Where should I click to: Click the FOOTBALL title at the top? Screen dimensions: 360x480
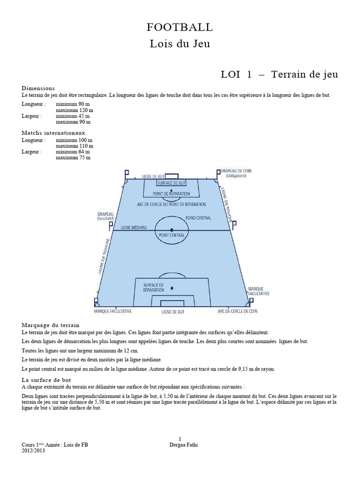[180, 28]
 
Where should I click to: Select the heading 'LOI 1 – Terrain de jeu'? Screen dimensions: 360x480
[279, 75]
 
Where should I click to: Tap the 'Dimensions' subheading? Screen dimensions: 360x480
[38, 88]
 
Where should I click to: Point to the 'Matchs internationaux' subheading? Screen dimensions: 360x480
[53, 133]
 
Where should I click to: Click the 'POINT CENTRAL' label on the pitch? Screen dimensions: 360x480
[172, 234]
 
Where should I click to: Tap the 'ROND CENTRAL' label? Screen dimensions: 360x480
[198, 218]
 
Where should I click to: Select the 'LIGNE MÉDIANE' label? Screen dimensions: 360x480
[134, 227]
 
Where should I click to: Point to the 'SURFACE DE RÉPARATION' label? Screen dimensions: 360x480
[154, 287]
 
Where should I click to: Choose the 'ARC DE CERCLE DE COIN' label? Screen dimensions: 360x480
[237, 311]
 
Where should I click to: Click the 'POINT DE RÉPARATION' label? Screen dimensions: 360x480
[172, 193]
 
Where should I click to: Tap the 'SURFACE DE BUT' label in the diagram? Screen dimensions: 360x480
[171, 183]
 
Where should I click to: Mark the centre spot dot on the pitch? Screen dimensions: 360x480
[172, 229]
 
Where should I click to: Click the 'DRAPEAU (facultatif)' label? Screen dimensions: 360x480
[106, 216]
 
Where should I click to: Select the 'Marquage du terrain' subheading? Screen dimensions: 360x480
[51, 325]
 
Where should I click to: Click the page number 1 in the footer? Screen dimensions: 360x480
[180, 439]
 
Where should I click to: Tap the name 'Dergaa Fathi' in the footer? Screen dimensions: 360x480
[183, 445]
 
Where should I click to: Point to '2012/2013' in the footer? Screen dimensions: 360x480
[33, 450]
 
